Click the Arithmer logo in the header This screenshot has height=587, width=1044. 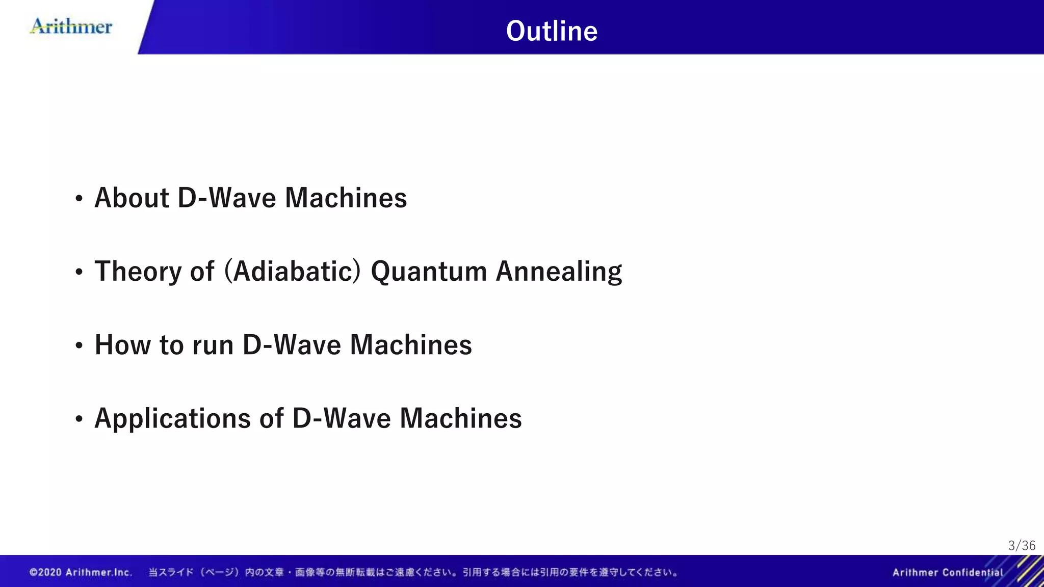(71, 26)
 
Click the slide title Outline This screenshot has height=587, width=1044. (552, 31)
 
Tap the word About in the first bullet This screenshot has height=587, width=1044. (132, 198)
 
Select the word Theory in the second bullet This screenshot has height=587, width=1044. (138, 272)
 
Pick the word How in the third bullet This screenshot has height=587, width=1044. (123, 345)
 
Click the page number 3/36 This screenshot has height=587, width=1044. (1022, 546)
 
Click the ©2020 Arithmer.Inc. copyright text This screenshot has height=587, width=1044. (81, 572)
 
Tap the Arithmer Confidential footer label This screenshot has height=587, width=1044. (947, 572)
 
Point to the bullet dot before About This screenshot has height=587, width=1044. (79, 199)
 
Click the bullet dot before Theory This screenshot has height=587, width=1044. (79, 273)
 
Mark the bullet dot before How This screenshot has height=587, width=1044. (79, 346)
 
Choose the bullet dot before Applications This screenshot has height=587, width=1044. (79, 419)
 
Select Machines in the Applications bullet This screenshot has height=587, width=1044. (460, 418)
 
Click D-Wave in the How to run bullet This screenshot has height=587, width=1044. (292, 345)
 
